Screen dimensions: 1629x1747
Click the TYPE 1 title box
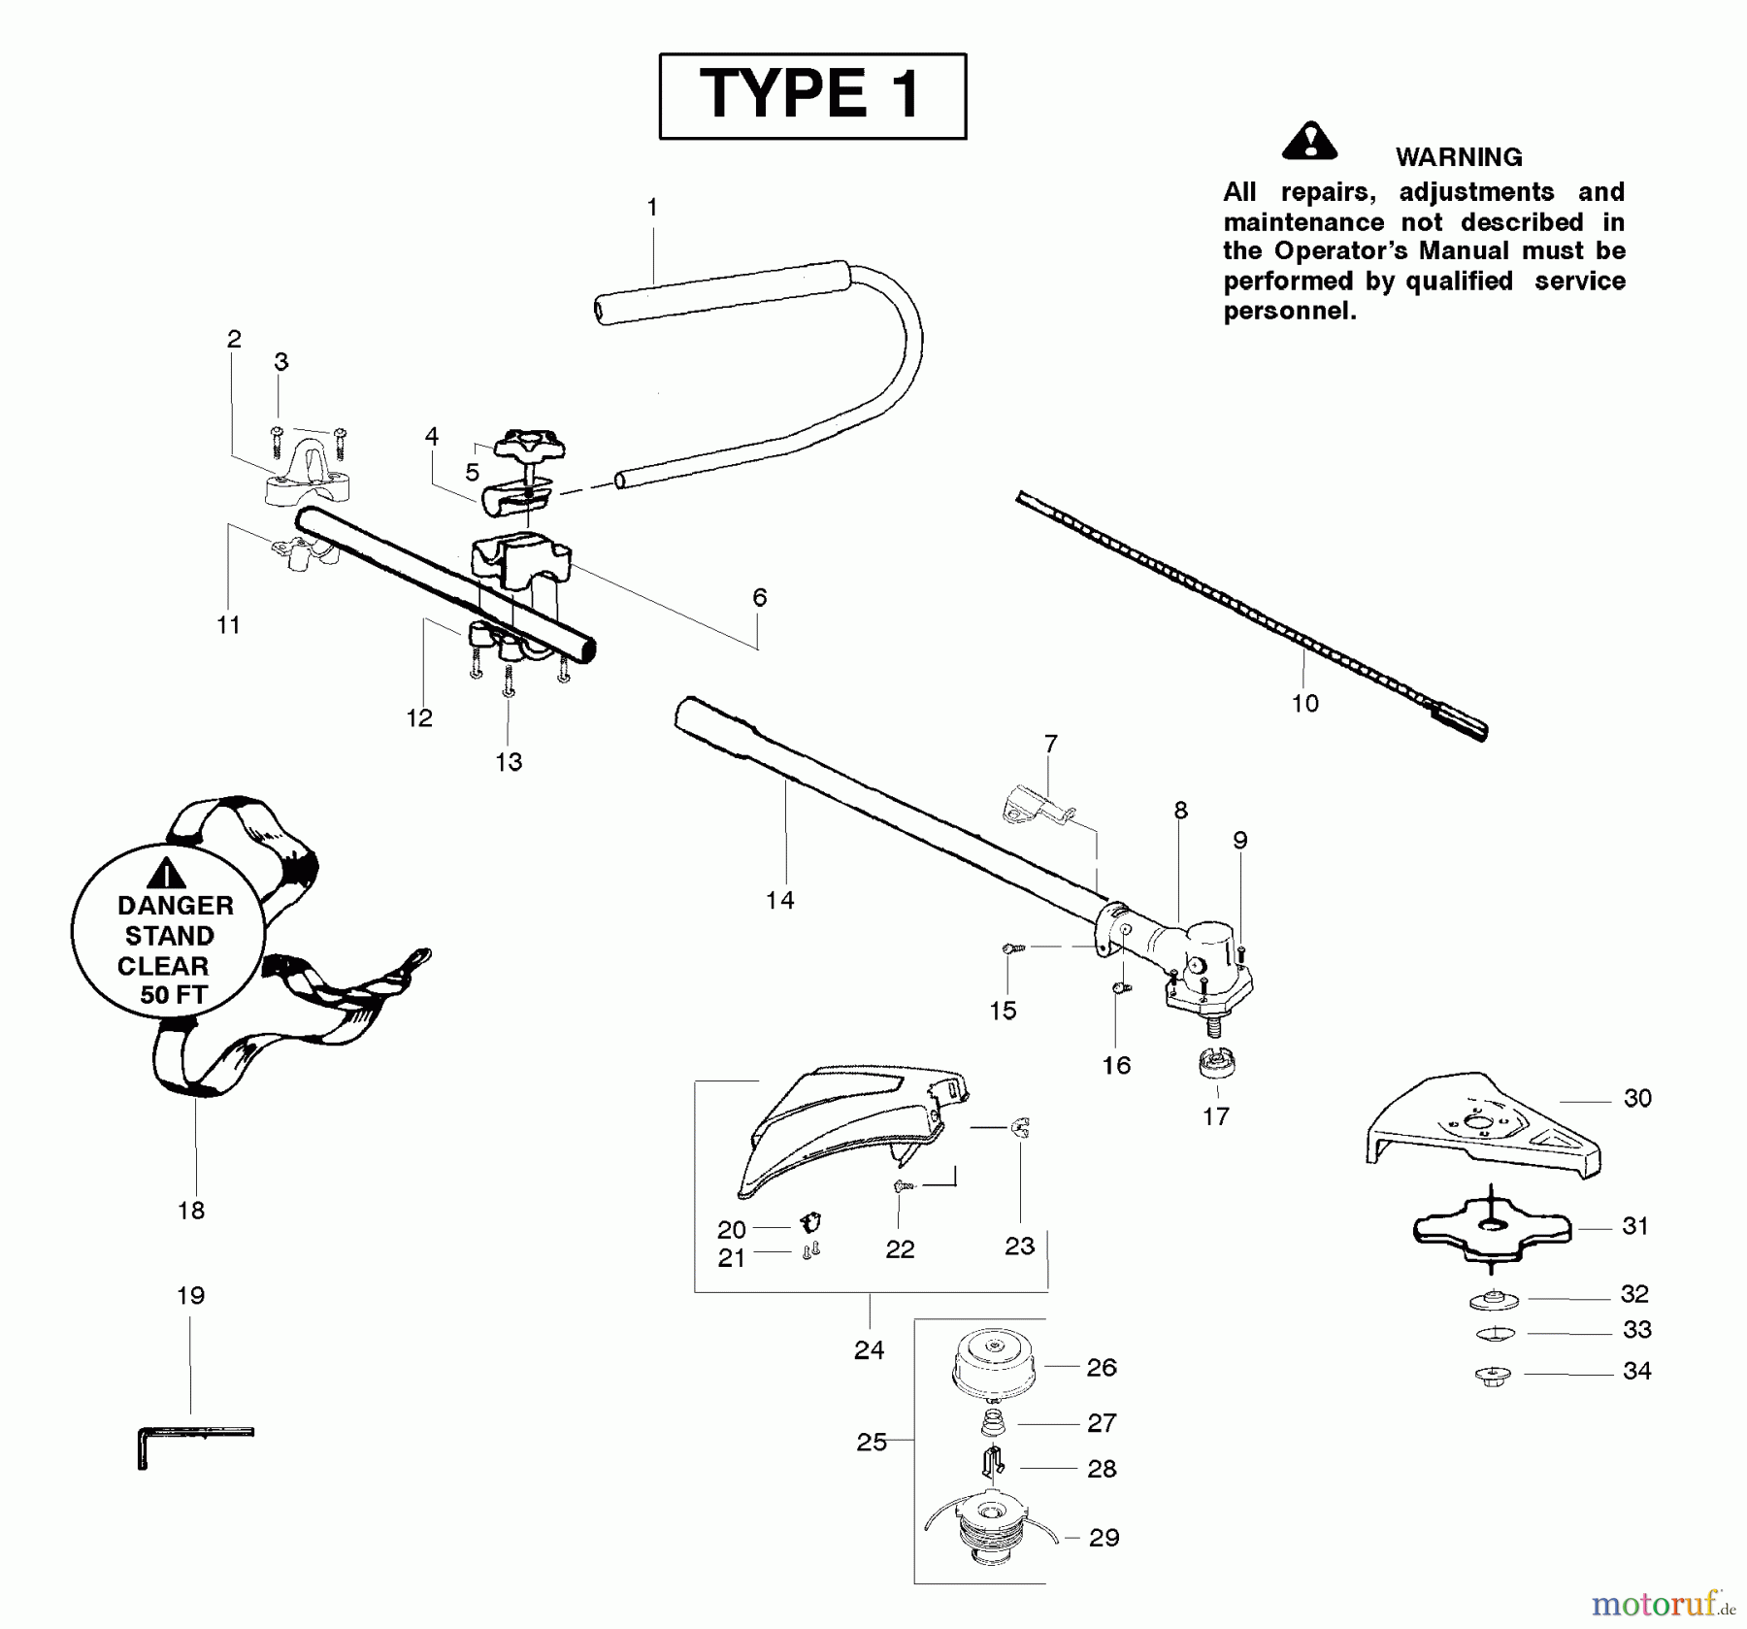[812, 96]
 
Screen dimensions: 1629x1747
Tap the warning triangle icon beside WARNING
[1309, 142]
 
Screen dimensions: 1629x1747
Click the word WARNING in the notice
[1458, 157]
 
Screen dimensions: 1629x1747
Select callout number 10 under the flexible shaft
[1304, 703]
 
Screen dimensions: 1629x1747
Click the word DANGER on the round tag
[175, 906]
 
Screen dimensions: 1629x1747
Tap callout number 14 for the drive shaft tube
[779, 900]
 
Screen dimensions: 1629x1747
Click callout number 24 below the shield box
[869, 1349]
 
